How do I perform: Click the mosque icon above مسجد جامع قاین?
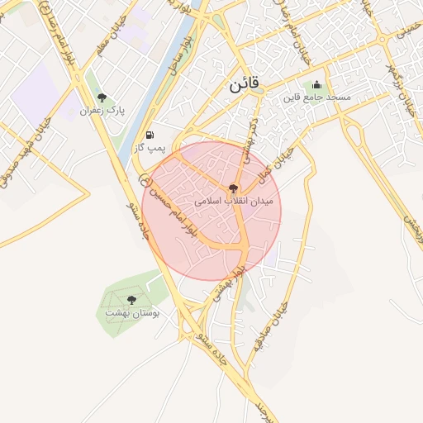click(x=316, y=84)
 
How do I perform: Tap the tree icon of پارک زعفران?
click(x=102, y=97)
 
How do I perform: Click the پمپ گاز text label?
click(x=150, y=148)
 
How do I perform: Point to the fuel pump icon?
click(x=149, y=135)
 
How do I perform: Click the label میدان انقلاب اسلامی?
click(x=238, y=201)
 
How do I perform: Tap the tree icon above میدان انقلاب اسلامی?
click(x=235, y=188)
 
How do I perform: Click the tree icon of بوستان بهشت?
click(x=131, y=300)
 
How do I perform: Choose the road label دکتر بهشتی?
click(x=244, y=140)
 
